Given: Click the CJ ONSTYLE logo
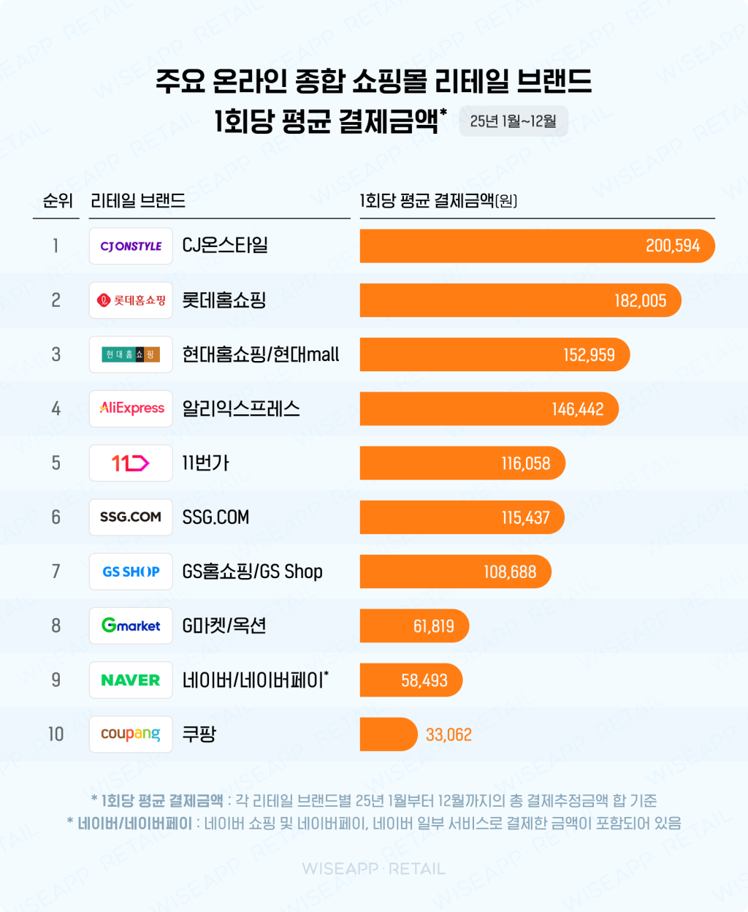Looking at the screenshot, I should pos(131,246).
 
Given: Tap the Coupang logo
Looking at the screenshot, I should pos(131,734).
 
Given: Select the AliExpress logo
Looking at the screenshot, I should pos(131,408).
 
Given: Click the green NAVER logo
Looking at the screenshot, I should pos(131,680).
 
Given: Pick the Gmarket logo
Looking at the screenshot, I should pos(131,626).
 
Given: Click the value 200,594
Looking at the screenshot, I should pos(672,246).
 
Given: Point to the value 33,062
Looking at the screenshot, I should pos(449,734).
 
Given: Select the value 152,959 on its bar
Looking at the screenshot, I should pos(588,355).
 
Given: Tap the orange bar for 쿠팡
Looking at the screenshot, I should pos(388,734).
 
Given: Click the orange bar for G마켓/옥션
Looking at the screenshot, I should pos(413,626).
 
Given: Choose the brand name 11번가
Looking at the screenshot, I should pos(205,463).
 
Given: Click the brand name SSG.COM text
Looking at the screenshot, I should pos(215,517).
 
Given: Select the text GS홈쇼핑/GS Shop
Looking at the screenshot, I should pos(252,571).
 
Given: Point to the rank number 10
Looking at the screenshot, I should pos(56,734).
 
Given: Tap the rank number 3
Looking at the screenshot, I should pos(56,354).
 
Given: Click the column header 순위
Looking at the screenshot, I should pos(57,200).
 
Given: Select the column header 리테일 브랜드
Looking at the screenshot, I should pos(137,200).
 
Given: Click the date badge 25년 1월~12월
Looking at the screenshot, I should pos(513,121).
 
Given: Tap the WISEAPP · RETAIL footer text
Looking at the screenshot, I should pos(374,869).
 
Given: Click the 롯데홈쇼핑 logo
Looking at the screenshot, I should pos(131,300).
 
